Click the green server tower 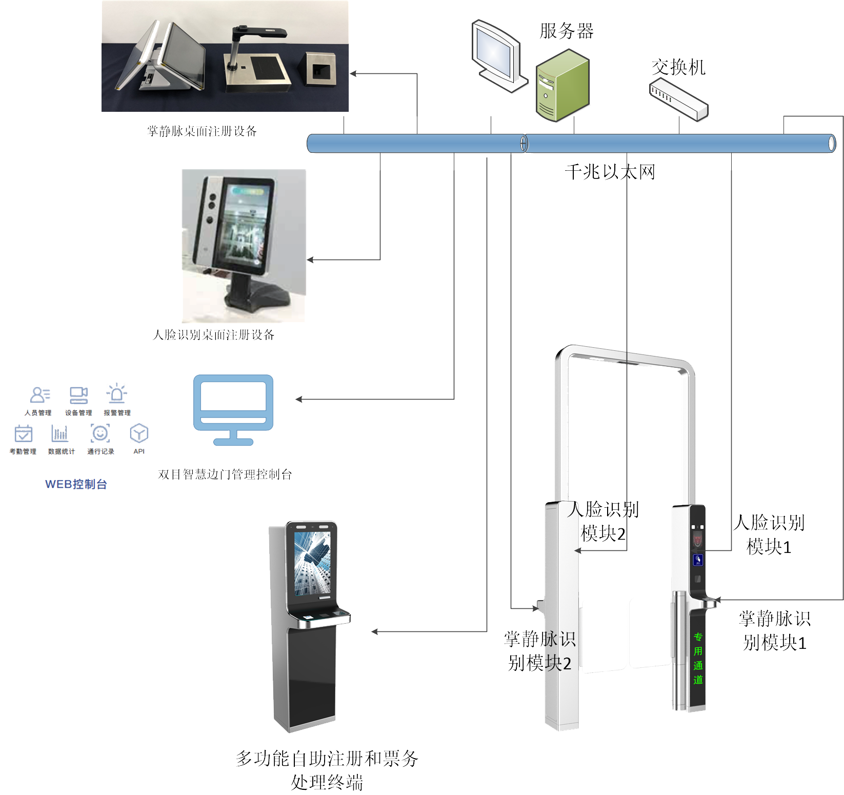point(563,86)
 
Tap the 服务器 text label point(566,31)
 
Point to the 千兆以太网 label point(610,172)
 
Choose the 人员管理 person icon point(39,395)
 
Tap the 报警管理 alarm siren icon point(116,394)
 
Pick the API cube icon point(139,433)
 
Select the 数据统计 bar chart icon point(60,433)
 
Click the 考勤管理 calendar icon point(23,433)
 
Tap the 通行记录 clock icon point(100,433)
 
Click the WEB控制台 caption point(76,484)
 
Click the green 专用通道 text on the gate point(698,659)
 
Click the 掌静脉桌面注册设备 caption point(202,131)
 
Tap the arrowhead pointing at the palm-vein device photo point(353,74)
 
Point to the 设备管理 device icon point(78,395)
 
